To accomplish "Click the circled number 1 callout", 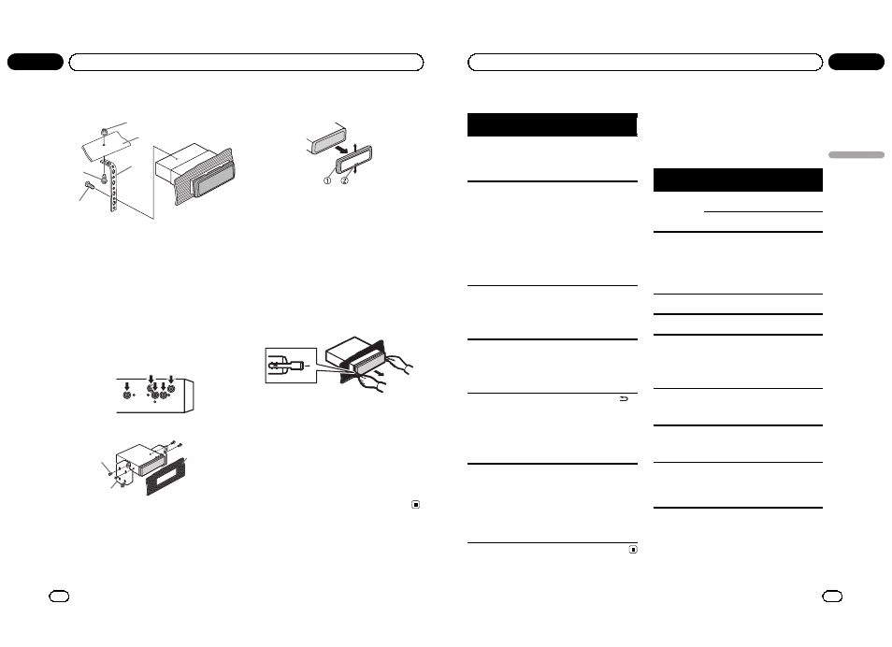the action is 327,180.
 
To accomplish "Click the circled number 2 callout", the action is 344,180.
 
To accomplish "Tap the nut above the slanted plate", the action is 105,133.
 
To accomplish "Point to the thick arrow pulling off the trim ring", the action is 340,150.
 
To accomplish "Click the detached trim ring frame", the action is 353,159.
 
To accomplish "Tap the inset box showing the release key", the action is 291,366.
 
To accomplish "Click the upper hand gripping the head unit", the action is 399,364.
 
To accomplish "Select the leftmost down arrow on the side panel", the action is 127,386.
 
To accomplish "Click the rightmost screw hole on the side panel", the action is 171,389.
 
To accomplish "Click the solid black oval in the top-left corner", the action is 36,62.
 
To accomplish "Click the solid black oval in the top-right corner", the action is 856,62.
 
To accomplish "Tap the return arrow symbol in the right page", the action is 624,399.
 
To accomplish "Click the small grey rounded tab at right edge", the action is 856,155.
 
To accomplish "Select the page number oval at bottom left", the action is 59,597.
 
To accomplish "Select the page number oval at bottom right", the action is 832,597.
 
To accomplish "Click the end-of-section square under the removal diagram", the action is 416,505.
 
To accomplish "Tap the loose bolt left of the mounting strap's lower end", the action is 90,185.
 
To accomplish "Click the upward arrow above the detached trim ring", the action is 355,149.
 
